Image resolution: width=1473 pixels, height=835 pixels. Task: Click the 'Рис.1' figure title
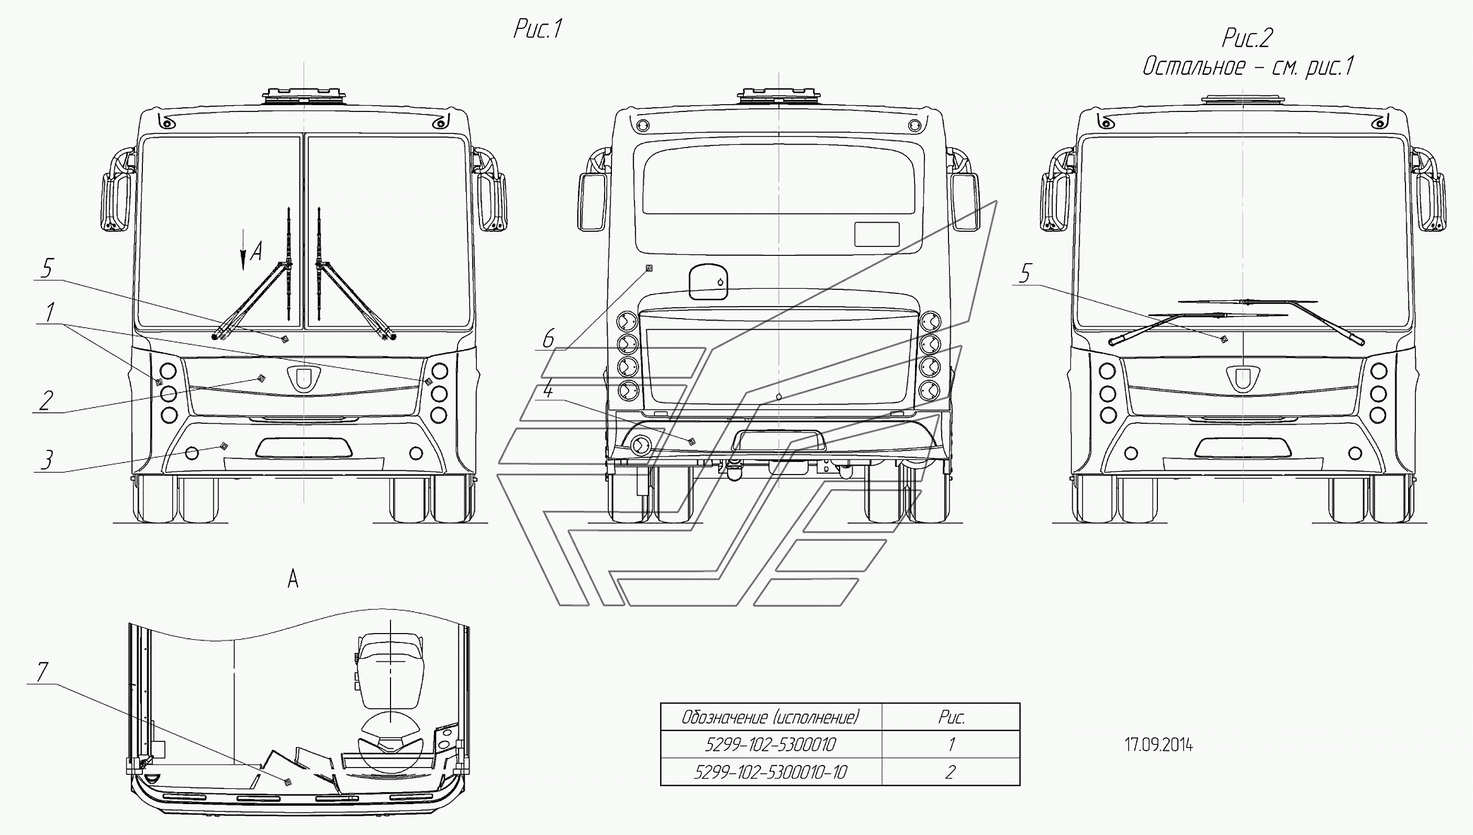[538, 29]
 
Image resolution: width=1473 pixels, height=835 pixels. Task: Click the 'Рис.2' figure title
[1247, 38]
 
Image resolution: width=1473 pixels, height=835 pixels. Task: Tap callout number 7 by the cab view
[42, 672]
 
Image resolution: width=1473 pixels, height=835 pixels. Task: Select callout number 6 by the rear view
[549, 338]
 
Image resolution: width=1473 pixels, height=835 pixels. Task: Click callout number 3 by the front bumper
[48, 459]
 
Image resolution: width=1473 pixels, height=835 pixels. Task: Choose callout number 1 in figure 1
[50, 312]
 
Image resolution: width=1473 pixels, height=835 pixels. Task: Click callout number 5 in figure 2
[1025, 274]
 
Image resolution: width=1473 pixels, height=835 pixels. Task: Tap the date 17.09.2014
[1159, 745]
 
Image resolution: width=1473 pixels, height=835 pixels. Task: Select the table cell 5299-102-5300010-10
[771, 772]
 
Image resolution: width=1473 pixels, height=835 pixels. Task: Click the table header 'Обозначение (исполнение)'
[771, 717]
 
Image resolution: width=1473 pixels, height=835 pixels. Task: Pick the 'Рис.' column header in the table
[951, 717]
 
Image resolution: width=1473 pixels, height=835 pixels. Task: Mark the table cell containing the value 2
[950, 772]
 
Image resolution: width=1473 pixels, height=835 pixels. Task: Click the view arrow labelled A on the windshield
[243, 249]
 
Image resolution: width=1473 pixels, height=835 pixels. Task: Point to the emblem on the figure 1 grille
[304, 378]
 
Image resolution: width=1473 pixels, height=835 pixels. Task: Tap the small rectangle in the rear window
[876, 234]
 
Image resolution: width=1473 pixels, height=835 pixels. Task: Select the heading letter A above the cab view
[293, 579]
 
